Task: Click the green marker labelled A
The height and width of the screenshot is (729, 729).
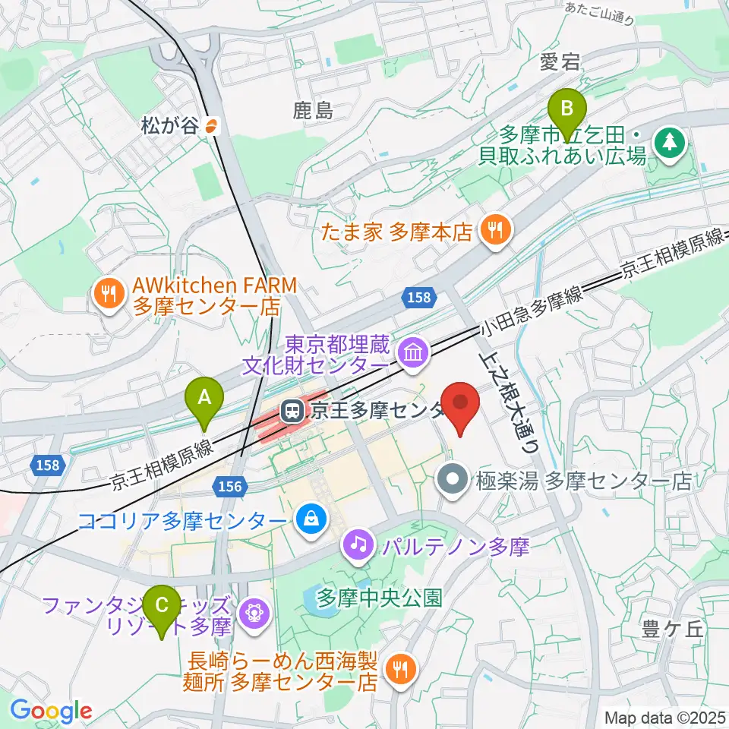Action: coord(204,398)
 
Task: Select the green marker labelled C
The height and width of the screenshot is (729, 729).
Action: coord(162,607)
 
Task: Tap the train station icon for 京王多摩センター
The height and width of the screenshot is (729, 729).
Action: coord(290,412)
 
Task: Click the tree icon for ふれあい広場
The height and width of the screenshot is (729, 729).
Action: coord(670,142)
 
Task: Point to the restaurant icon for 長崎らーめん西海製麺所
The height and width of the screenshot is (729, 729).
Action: coord(399,668)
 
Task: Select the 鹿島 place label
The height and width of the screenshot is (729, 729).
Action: coord(313,112)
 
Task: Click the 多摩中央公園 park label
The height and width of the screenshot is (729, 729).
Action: coord(380,598)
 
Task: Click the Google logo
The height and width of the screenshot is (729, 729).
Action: coord(51,711)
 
